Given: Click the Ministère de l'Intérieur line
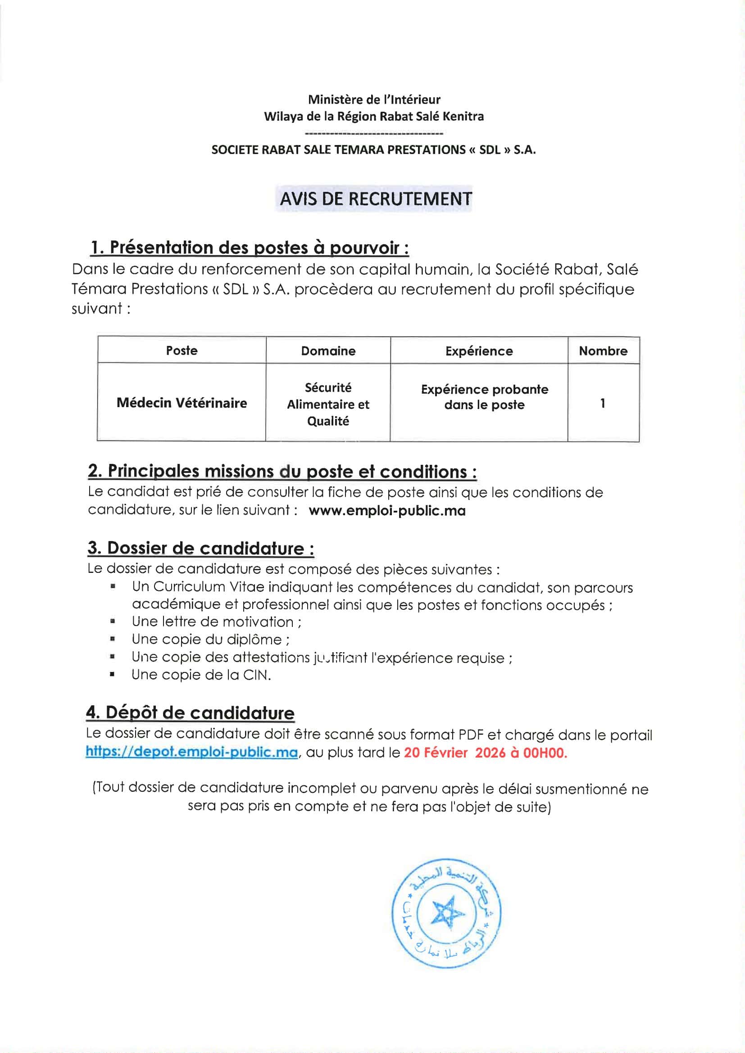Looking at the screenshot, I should (x=374, y=100).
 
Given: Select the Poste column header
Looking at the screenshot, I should (x=182, y=350).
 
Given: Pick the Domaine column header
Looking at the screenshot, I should (x=328, y=351).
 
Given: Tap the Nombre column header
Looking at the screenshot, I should (x=603, y=351).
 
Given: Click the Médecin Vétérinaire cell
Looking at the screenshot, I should (x=182, y=403).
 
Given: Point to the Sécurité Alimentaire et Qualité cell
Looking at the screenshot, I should (x=328, y=404).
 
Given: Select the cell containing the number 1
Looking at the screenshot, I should (x=602, y=403).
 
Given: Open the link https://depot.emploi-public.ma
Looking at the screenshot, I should (x=192, y=753).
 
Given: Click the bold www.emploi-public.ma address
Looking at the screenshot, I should (x=387, y=510).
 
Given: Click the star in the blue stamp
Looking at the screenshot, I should (x=445, y=912).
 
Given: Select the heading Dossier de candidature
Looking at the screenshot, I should (x=201, y=548).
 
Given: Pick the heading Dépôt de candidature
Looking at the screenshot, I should (x=190, y=713).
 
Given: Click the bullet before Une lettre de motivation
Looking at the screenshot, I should (x=113, y=622).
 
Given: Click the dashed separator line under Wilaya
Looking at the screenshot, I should (x=373, y=133).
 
